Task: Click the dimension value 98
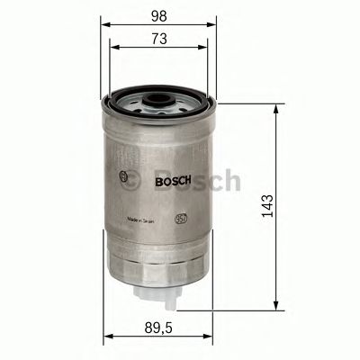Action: [x=159, y=15]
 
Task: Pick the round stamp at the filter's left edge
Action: [x=122, y=179]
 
